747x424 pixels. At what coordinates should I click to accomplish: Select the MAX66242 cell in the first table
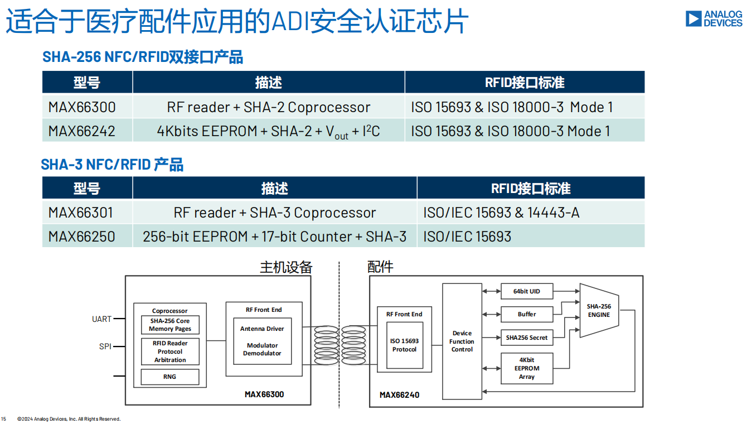coord(82,131)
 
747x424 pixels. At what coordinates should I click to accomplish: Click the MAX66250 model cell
coord(82,237)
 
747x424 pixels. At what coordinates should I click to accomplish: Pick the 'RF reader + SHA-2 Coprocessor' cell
coord(268,107)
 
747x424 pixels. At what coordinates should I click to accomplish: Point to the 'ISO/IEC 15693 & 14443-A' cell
coord(501,213)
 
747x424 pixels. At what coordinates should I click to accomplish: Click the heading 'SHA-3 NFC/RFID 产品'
coord(112,165)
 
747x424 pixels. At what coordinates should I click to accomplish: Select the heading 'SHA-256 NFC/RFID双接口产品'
coord(143,57)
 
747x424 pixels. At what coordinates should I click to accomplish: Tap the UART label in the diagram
coord(101,319)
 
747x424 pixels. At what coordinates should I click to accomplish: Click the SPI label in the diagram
coord(105,346)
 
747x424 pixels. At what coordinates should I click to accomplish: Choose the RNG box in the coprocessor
coord(169,377)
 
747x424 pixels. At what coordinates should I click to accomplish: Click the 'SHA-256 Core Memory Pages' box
coord(169,325)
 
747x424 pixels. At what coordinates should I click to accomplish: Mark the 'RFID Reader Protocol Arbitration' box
coord(169,351)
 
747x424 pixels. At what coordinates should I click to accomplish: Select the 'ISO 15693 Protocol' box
coord(404,345)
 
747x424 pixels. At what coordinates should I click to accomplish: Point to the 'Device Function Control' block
coord(462,341)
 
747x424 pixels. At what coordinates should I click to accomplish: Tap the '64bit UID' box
coord(527,291)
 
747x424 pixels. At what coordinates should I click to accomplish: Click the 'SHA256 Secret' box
coord(527,338)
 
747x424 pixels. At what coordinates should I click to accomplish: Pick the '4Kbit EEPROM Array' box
coord(527,368)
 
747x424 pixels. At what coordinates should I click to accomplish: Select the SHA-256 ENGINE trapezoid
coord(598,310)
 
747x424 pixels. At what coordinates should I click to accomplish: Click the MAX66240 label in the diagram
coord(399,395)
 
